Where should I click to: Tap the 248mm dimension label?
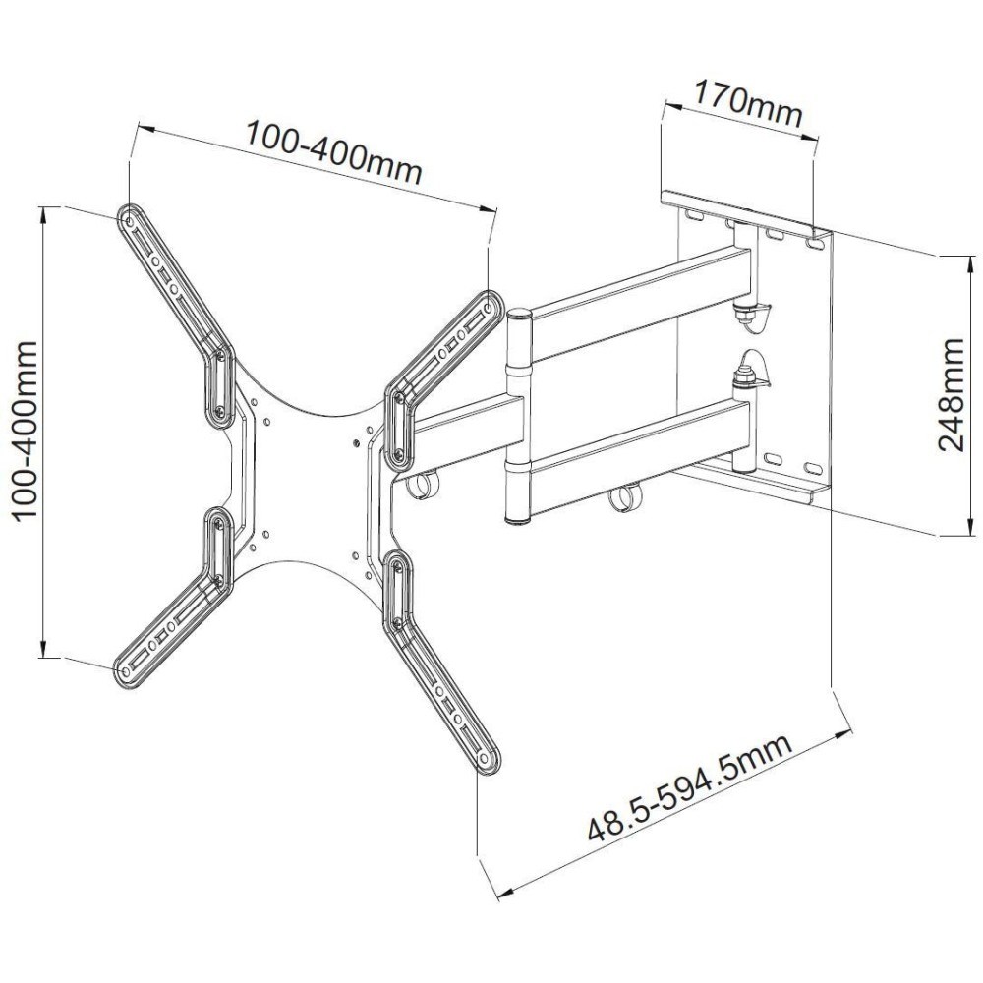pyautogui.click(x=951, y=394)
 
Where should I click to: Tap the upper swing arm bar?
pyautogui.click(x=639, y=295)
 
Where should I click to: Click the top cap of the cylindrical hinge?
pyautogui.click(x=519, y=316)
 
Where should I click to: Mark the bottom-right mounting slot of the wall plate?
pyautogui.click(x=812, y=468)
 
